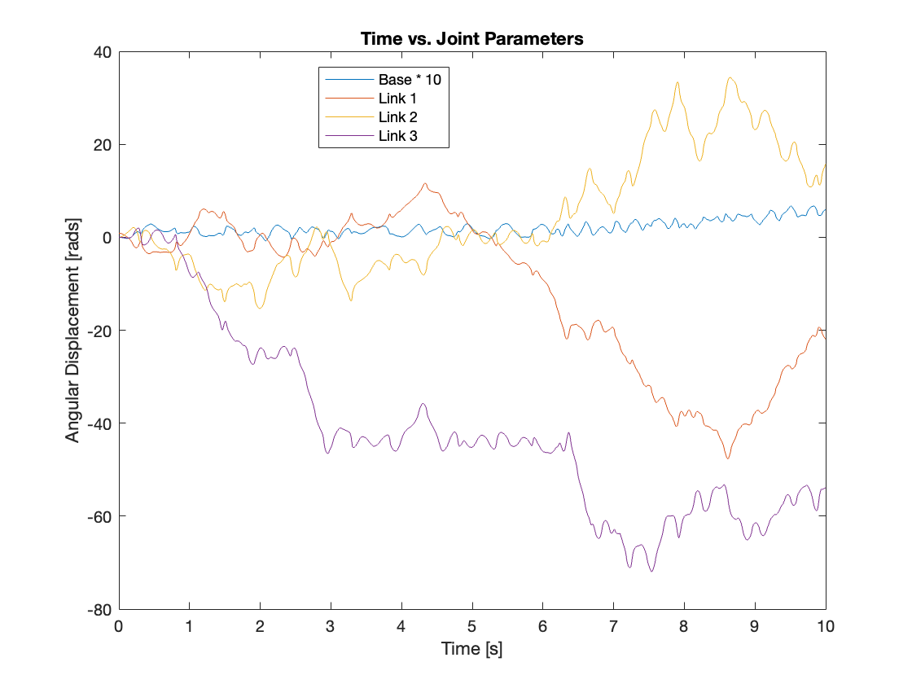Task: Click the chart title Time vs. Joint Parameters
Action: tap(472, 39)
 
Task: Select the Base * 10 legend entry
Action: tap(414, 80)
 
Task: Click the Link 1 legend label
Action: tap(398, 99)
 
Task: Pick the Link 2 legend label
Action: tap(398, 117)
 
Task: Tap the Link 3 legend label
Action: tap(398, 136)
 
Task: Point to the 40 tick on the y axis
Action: tap(102, 52)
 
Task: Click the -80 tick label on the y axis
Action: tap(99, 609)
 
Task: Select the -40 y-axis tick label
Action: tap(99, 423)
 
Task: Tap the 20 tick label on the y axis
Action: tap(102, 145)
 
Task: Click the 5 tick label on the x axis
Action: tap(472, 627)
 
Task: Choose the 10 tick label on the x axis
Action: tap(826, 627)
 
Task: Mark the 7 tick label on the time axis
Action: tap(613, 627)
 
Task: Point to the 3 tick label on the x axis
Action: tap(331, 627)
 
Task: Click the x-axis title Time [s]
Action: tap(472, 649)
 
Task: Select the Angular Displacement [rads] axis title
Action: tap(73, 331)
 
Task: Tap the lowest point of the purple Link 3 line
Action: tap(651, 571)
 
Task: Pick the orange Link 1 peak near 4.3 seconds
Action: tap(425, 184)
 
